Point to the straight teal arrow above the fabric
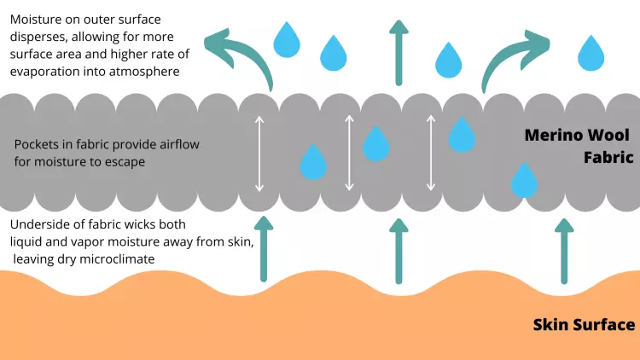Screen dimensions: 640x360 tap(399, 53)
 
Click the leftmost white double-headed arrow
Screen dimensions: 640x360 tap(259, 154)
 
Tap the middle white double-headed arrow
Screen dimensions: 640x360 tap(349, 153)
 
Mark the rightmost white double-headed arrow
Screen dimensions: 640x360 tap(431, 153)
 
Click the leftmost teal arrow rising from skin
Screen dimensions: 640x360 tap(264, 249)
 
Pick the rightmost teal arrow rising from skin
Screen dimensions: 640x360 tap(564, 251)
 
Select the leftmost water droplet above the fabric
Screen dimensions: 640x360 tap(287, 40)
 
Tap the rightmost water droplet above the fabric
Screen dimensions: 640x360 tap(591, 53)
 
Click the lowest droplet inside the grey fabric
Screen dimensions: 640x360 tap(524, 180)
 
